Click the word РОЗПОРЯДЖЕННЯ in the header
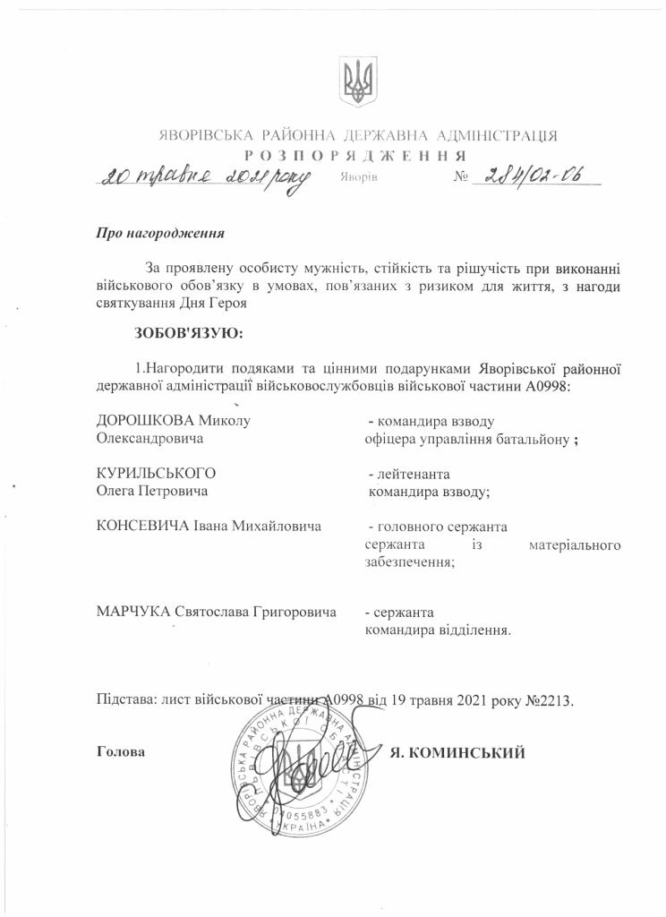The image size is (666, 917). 358,155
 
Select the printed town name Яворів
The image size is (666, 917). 360,177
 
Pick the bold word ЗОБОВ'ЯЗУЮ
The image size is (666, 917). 188,334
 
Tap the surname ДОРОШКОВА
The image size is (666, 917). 144,421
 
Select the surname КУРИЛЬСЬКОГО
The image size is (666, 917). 157,473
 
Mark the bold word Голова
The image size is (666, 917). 120,752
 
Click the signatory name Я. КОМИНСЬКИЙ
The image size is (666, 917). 457,752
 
